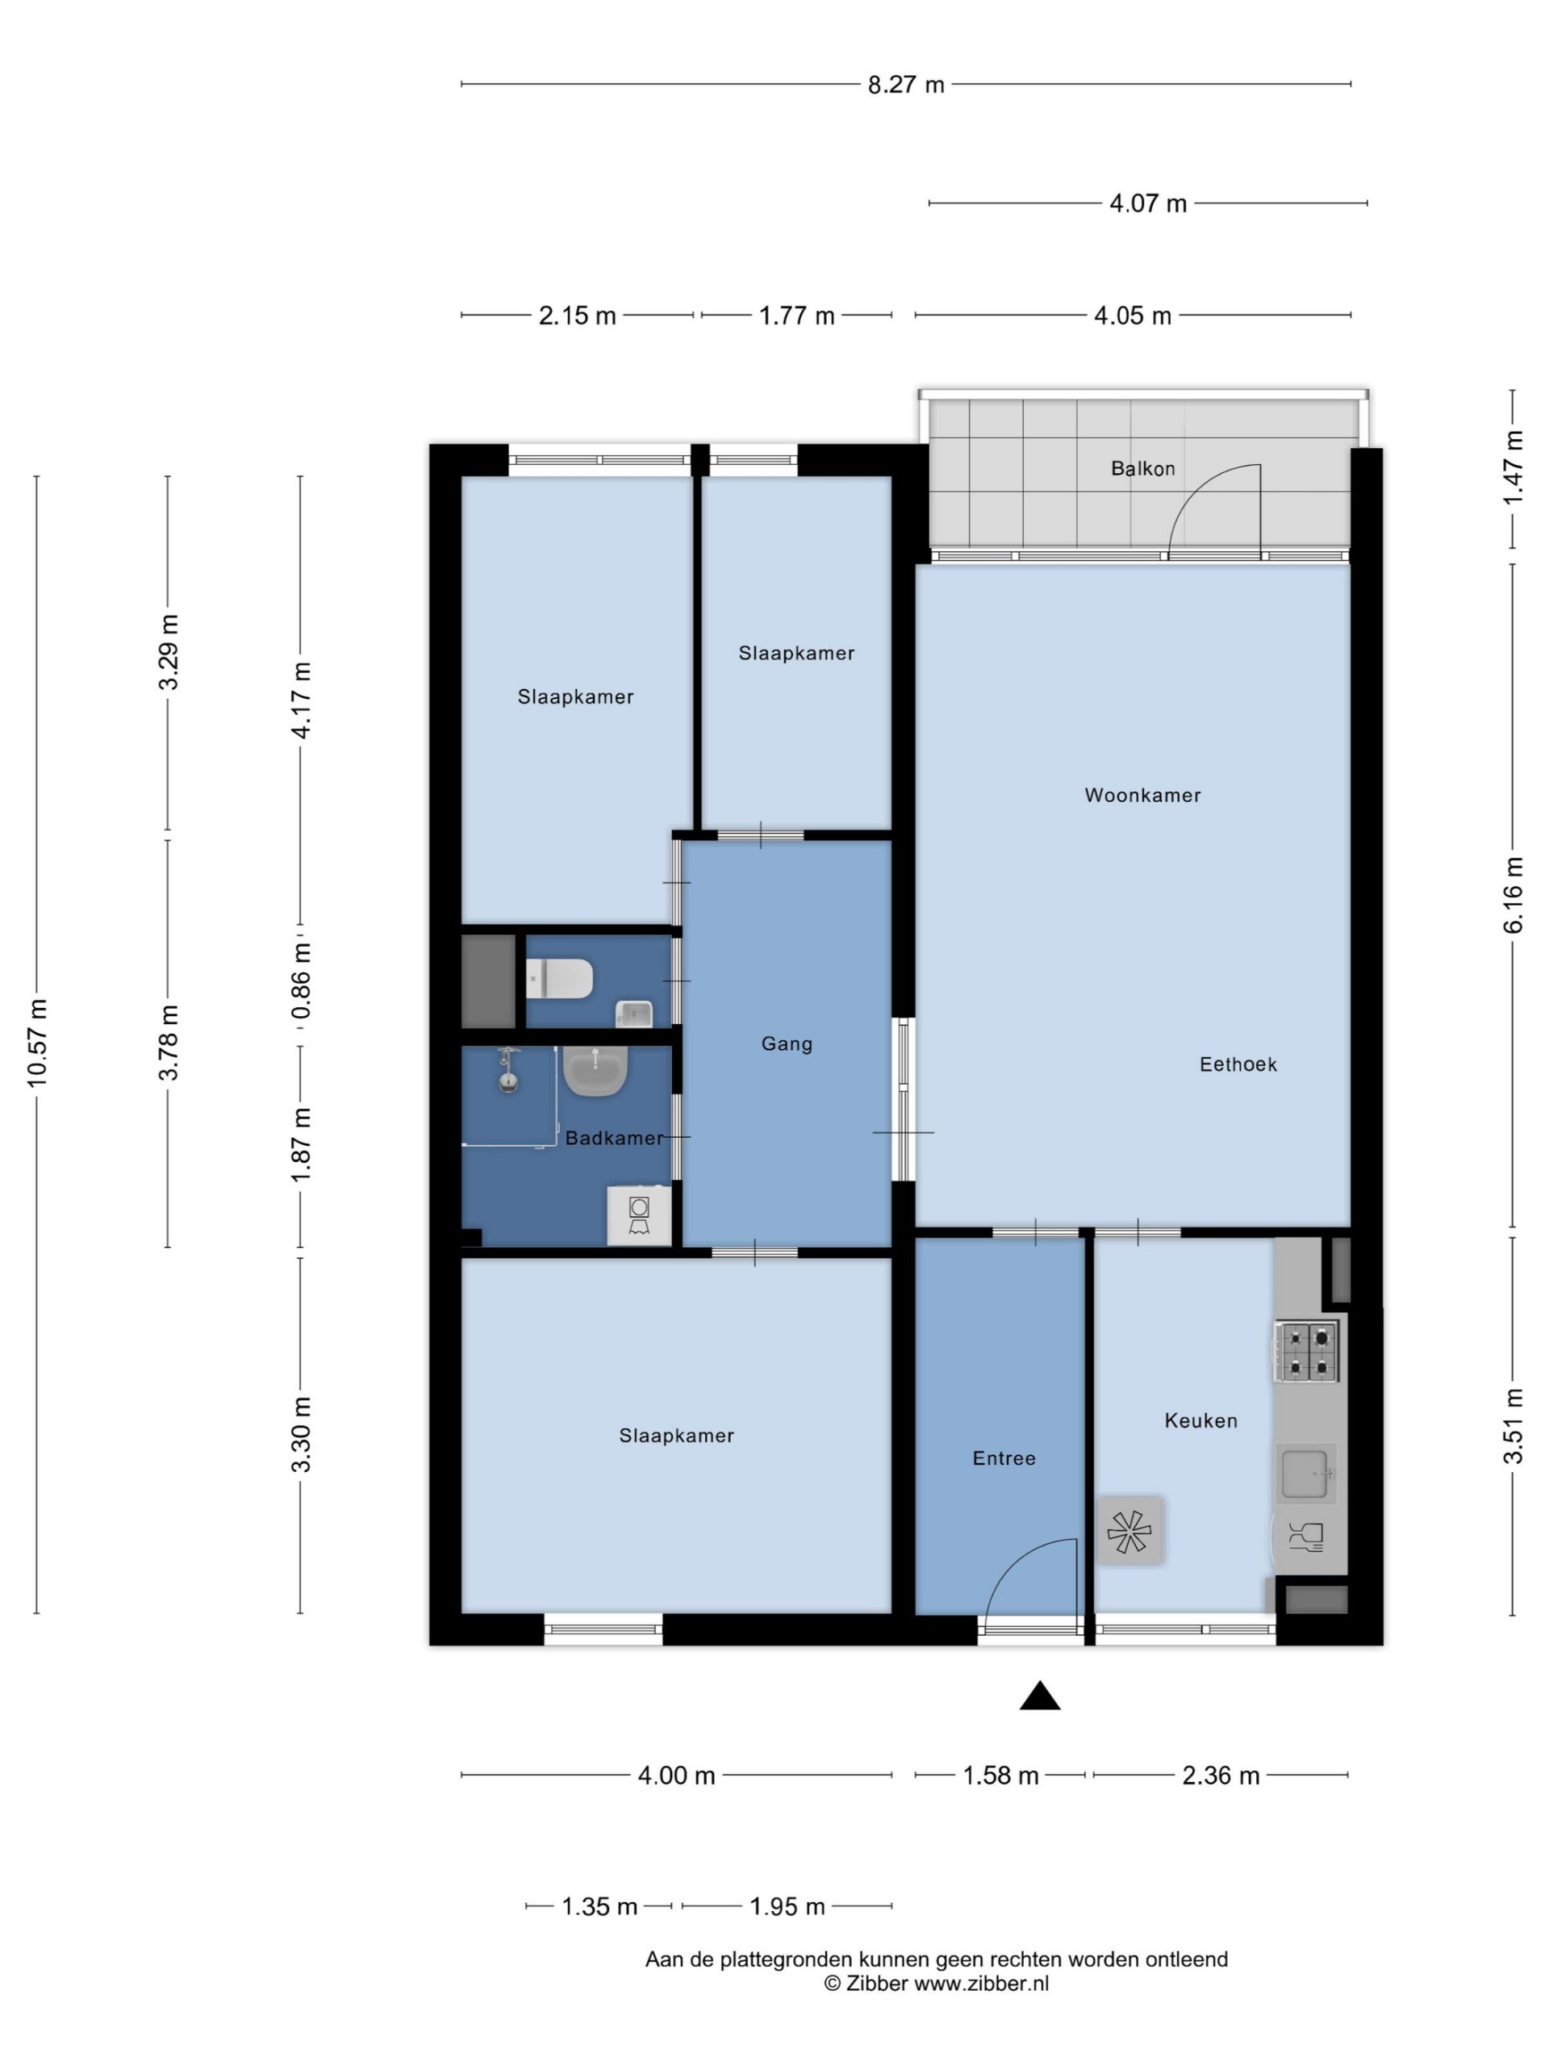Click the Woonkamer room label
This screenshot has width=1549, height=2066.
coord(1142,795)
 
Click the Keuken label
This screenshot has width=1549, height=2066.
coord(1200,1420)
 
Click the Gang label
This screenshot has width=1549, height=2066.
coord(786,1043)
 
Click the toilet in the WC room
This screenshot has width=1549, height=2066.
coord(559,979)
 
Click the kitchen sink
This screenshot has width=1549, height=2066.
coord(1306,1474)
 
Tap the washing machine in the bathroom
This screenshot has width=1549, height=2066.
coord(639,1215)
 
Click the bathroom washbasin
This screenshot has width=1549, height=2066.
coord(595,1070)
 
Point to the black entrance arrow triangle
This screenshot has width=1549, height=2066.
coord(1040,1696)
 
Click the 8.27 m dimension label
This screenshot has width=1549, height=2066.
coord(906,85)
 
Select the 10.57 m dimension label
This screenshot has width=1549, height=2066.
coord(36,1043)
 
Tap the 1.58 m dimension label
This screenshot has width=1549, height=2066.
coord(1000,1775)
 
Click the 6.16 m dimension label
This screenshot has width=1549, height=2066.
coord(1514,895)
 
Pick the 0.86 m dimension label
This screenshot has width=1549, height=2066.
coord(301,983)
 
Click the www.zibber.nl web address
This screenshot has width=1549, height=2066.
coord(980,1984)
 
